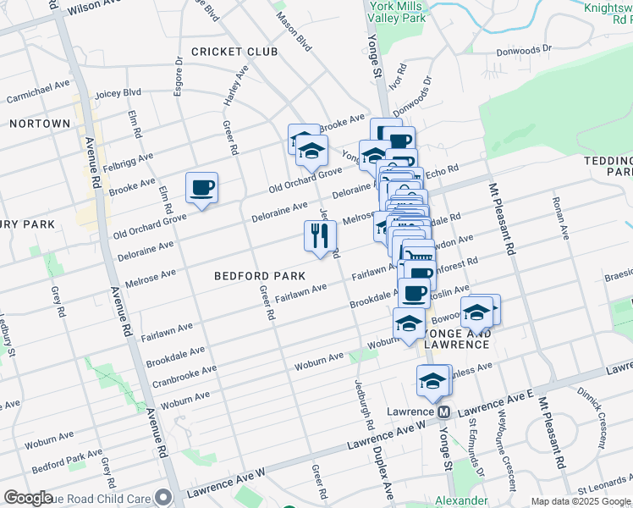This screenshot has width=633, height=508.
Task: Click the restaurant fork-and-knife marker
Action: (320, 236)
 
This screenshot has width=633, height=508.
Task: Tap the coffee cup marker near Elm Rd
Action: (202, 188)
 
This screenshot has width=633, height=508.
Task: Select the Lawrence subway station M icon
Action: (442, 411)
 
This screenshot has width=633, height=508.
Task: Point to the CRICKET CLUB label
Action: (234, 52)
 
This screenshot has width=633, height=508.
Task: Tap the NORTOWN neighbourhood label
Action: (39, 124)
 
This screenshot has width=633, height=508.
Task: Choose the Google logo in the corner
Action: (29, 498)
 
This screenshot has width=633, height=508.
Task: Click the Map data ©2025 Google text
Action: (580, 501)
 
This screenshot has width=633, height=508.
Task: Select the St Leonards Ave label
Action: (600, 489)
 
